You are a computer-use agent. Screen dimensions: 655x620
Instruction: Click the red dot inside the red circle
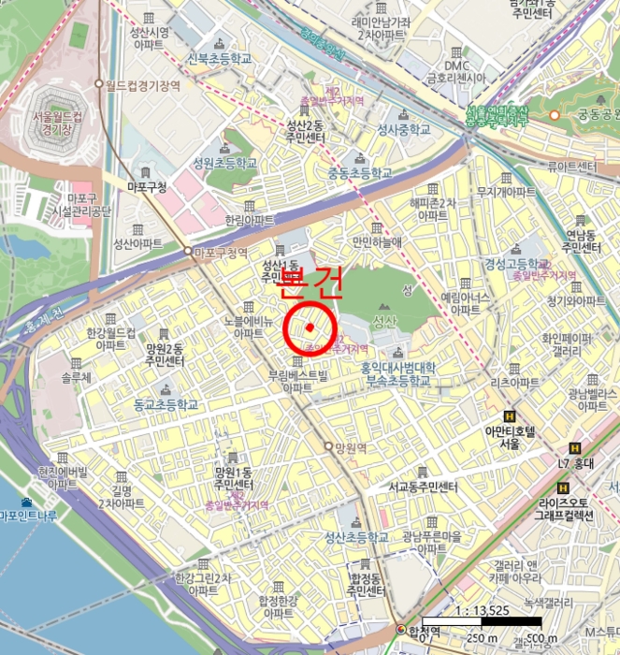[x=309, y=327]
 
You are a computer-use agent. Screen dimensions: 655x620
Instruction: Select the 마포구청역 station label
[x=222, y=252]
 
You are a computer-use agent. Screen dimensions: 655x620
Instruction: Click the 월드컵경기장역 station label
[x=143, y=84]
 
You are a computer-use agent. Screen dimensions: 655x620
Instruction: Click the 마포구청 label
[x=146, y=187]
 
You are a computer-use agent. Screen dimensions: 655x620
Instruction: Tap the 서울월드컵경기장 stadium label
[x=50, y=127]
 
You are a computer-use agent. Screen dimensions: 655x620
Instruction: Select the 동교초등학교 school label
[x=166, y=405]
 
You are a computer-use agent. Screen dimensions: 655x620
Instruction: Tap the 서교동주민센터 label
[x=423, y=487]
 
